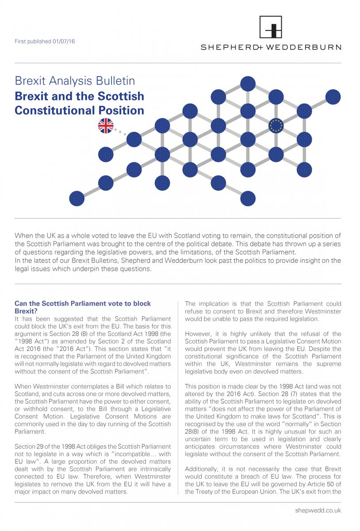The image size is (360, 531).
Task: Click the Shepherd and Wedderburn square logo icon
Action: click(271, 27)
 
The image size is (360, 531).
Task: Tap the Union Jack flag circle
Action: click(106, 126)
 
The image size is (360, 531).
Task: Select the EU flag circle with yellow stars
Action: click(277, 125)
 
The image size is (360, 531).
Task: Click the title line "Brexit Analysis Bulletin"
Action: click(75, 81)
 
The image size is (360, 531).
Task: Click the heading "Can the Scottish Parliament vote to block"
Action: click(83, 304)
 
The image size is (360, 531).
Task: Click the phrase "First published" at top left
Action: click(27, 42)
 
